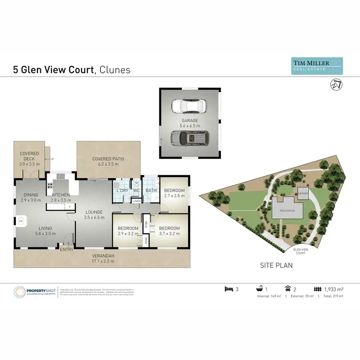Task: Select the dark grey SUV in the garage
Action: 188,139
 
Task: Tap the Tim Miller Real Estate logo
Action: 317,66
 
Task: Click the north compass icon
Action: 336,84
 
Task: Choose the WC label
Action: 136,191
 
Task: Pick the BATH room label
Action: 151,191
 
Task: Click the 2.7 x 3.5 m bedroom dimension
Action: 174,196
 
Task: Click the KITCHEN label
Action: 61,195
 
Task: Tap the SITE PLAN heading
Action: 276,265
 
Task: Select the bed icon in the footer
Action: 229,289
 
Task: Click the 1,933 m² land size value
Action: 334,289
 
